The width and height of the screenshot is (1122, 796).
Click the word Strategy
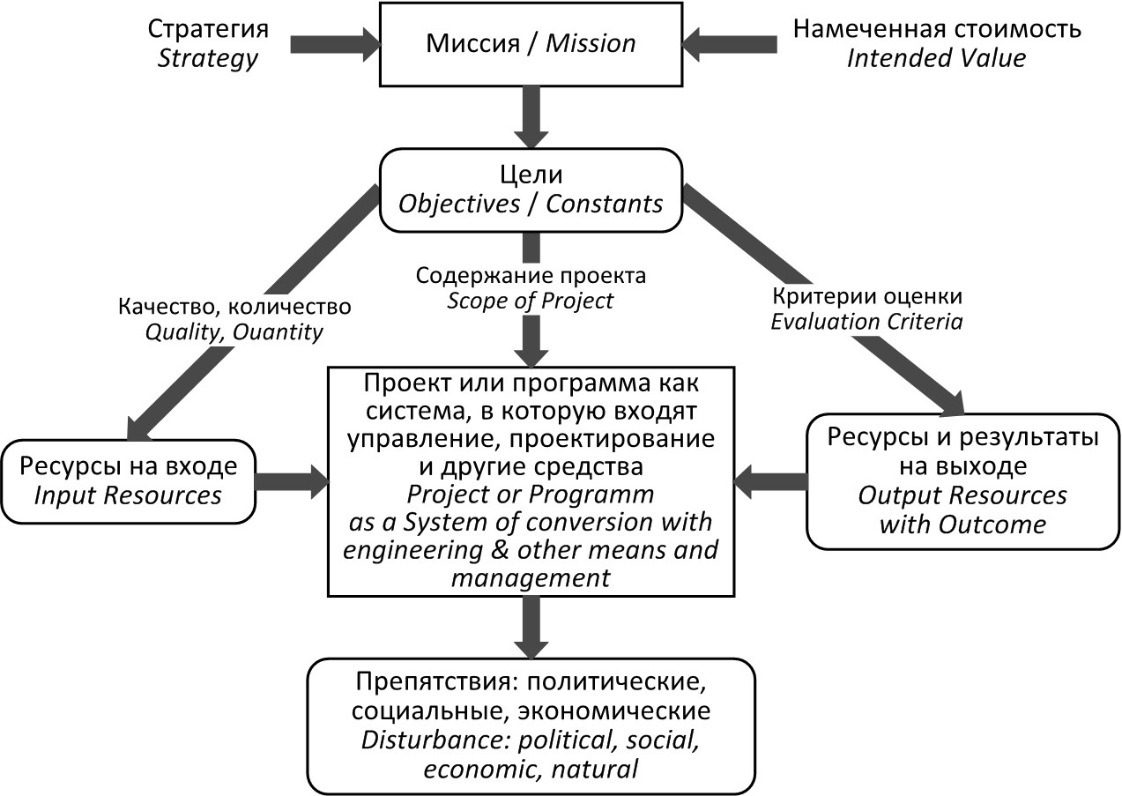(x=208, y=58)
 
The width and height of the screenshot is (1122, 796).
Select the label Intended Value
(x=936, y=57)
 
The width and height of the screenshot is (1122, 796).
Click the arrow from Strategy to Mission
(x=335, y=44)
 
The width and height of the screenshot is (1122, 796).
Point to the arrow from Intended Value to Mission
(x=729, y=44)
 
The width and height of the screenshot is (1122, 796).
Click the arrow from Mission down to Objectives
(x=531, y=117)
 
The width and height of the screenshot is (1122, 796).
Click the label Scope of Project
(x=530, y=301)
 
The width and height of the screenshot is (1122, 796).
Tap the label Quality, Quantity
(x=234, y=332)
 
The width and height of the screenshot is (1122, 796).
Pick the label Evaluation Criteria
(x=866, y=322)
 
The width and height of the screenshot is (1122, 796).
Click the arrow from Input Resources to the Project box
(x=292, y=481)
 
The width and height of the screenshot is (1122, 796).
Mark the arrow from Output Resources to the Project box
(x=770, y=481)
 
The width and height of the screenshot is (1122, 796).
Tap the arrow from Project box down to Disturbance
(x=531, y=628)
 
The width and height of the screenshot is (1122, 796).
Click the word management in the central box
(x=531, y=578)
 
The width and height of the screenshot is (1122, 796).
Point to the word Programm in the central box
(x=591, y=495)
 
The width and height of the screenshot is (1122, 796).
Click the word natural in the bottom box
(x=595, y=769)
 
